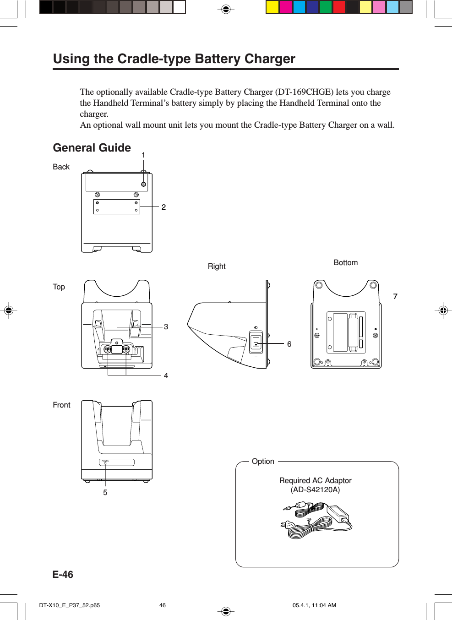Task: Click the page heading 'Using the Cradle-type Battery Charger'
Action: (174, 59)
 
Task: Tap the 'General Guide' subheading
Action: (92, 148)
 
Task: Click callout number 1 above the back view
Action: (143, 155)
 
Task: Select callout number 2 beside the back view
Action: (163, 207)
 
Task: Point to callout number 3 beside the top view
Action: (166, 327)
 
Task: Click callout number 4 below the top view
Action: (166, 376)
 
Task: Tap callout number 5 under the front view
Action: (105, 493)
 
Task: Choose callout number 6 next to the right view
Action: (289, 344)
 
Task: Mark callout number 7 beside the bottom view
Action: (395, 297)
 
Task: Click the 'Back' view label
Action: (61, 167)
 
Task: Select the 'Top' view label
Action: (59, 287)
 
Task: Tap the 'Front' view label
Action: (61, 405)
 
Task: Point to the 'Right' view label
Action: (217, 266)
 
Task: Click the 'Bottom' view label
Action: (346, 263)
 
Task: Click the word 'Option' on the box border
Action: (263, 462)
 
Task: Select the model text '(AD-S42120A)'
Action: (315, 490)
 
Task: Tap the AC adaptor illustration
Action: (316, 520)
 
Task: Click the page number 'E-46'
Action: (63, 575)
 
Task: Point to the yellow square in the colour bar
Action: (272, 7)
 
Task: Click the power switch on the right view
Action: (256, 342)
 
